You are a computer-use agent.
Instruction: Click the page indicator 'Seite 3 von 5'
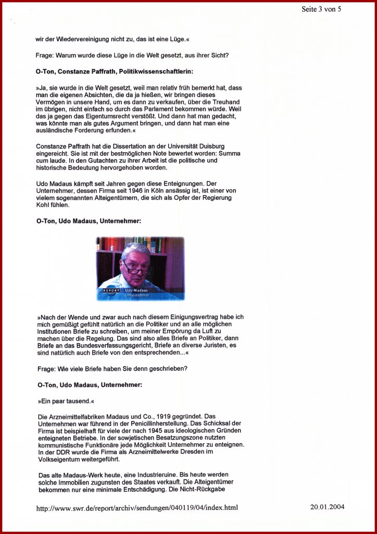coord(321,9)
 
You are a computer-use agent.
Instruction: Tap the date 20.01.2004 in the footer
coord(327,506)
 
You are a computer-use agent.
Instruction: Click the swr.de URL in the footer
coord(137,507)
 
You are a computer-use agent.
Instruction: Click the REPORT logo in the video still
coord(111,290)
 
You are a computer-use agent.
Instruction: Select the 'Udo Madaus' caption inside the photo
coord(137,290)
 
